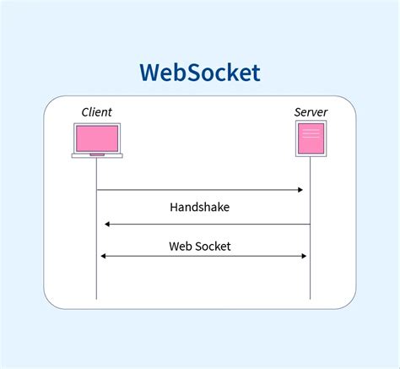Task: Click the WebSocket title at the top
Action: [x=200, y=73]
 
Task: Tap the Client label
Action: [x=96, y=112]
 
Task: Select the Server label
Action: [x=310, y=112]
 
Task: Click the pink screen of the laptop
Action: [x=97, y=138]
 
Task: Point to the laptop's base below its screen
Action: [x=97, y=155]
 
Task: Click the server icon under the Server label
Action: [x=310, y=138]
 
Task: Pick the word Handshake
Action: [x=199, y=207]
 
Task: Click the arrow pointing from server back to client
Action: [x=207, y=224]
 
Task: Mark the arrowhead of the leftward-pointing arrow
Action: [x=107, y=224]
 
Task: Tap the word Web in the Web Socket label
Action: [x=181, y=246]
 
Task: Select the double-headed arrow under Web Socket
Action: [x=203, y=256]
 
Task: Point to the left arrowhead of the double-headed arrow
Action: [x=103, y=256]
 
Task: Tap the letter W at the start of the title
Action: [x=150, y=73]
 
